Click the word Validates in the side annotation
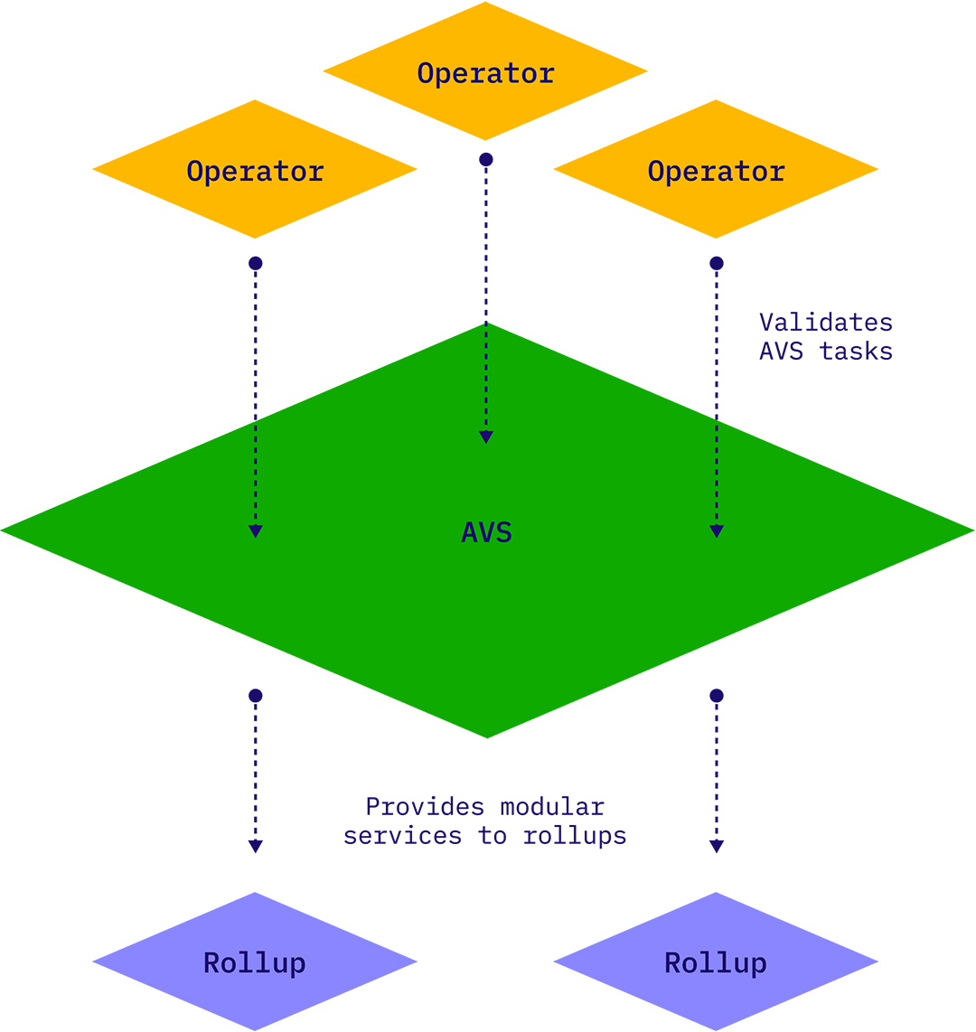click(x=825, y=323)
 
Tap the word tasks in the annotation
click(x=856, y=352)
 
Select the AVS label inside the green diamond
click(x=486, y=532)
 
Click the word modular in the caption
click(x=552, y=806)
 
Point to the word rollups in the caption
click(x=574, y=836)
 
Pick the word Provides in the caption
click(x=422, y=806)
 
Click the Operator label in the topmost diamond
click(x=485, y=73)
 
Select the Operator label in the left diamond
click(x=255, y=171)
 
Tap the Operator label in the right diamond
click(x=716, y=171)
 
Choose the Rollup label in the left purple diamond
click(x=255, y=963)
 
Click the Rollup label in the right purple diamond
click(x=716, y=963)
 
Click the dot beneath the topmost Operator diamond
click(x=486, y=160)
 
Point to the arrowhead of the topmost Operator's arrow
click(x=486, y=437)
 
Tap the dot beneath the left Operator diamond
click(x=256, y=264)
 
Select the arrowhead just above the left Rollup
click(x=256, y=847)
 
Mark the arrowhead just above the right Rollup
click(x=717, y=847)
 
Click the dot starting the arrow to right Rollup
click(x=717, y=696)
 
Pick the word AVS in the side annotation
click(x=781, y=352)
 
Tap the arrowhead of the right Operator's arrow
click(x=717, y=531)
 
